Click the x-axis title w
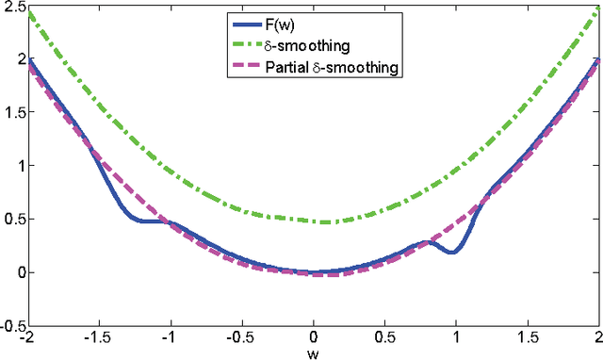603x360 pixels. (314, 353)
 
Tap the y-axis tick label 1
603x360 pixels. (19, 166)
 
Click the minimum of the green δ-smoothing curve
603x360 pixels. (326, 222)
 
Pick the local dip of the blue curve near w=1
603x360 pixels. (453, 253)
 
